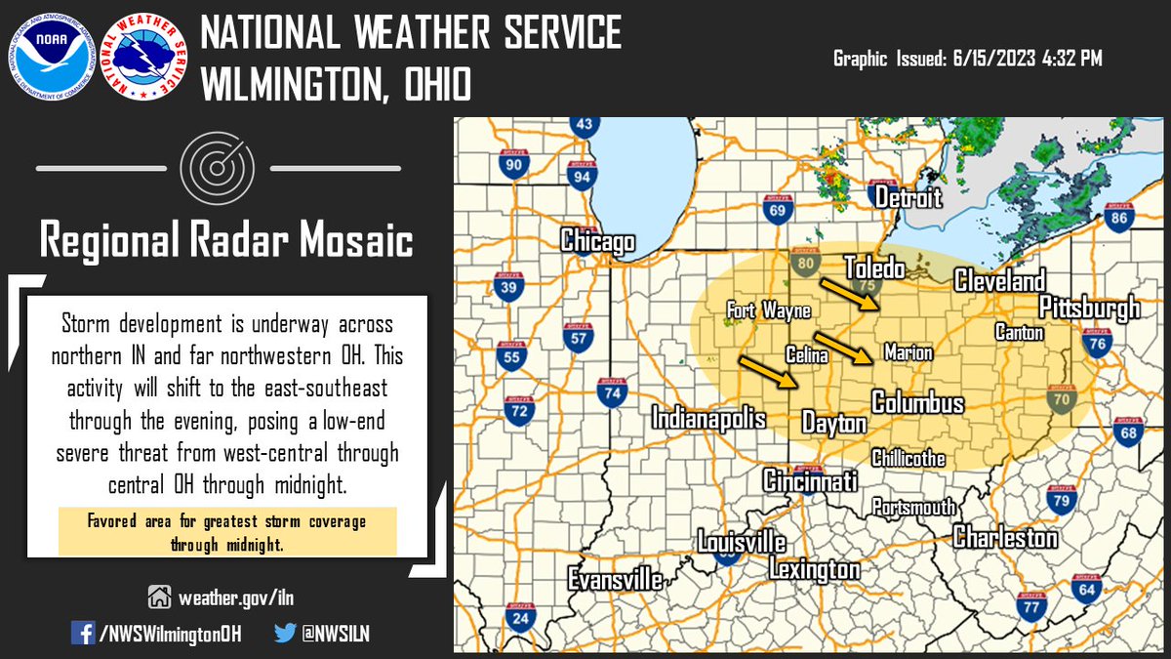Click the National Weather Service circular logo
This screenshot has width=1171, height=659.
(142, 56)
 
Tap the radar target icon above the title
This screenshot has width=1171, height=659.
(217, 169)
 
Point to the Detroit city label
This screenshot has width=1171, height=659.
(909, 198)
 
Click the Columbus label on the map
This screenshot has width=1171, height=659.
(917, 403)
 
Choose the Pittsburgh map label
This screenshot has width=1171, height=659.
(1089, 309)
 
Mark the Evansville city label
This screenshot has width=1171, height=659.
(616, 579)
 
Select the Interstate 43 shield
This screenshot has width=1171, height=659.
(584, 126)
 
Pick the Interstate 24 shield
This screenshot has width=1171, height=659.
(521, 617)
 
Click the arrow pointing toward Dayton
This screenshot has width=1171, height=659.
(766, 372)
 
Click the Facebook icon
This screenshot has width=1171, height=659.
(84, 633)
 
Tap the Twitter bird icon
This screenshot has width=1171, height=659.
(285, 633)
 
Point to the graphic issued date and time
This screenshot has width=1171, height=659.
(967, 60)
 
